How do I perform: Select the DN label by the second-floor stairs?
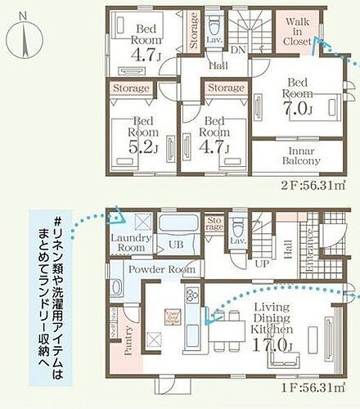click(x=238, y=49)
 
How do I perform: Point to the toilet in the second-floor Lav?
click(x=214, y=21)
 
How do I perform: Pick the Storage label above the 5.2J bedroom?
click(x=131, y=88)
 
